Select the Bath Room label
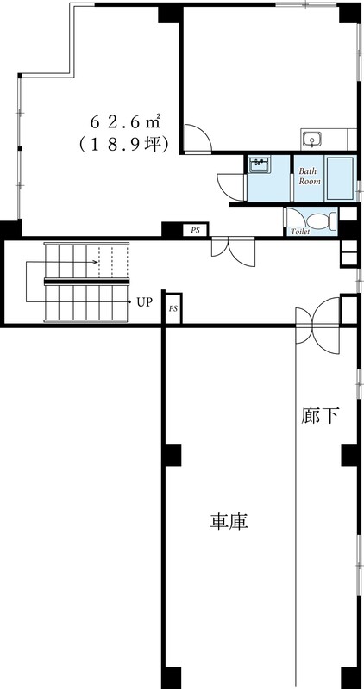click(x=310, y=177)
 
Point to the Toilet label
click(x=300, y=231)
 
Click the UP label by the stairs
click(x=144, y=302)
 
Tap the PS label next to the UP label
click(x=173, y=308)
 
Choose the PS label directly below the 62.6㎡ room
click(x=196, y=230)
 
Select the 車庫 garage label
click(x=229, y=521)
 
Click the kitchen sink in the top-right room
click(x=312, y=139)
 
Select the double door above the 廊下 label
click(x=318, y=323)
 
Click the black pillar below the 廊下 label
click(x=348, y=455)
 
